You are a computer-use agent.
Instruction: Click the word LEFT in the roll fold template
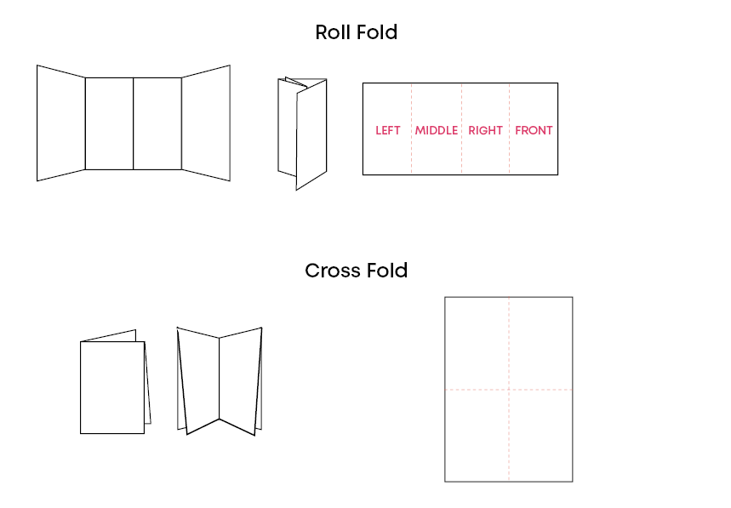(x=387, y=130)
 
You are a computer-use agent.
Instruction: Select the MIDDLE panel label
(x=437, y=130)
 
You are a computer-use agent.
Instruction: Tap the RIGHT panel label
(x=485, y=130)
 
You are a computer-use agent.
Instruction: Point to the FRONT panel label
(x=534, y=130)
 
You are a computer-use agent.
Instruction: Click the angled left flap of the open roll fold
(x=60, y=123)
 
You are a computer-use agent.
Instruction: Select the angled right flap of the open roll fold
(x=206, y=123)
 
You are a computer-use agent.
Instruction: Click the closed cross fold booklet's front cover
(x=112, y=387)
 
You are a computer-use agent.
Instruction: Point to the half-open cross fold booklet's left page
(x=200, y=379)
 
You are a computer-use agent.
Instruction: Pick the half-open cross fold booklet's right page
(x=240, y=379)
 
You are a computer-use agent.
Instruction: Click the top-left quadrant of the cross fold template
(x=477, y=343)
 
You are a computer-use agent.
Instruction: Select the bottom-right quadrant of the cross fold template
(x=541, y=435)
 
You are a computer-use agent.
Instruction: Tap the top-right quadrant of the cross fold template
(x=541, y=343)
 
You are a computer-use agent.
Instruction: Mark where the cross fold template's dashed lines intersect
(x=510, y=390)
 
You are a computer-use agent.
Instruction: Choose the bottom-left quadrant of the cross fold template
(x=477, y=435)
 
